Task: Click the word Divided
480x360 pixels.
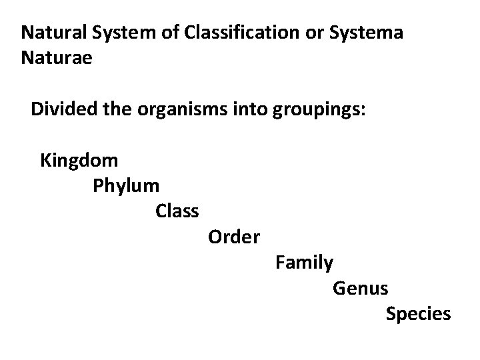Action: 61,109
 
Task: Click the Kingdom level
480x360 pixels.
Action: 79,161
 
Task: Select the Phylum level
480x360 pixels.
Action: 126,185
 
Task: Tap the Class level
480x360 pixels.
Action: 177,211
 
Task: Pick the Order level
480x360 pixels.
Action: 234,237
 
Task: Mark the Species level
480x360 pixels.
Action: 418,314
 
